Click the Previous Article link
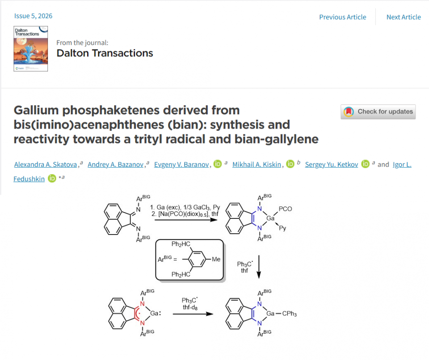coord(342,17)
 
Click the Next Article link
coord(403,17)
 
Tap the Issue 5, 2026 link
coord(33,16)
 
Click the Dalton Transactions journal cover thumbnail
coord(30,49)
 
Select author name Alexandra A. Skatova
coord(46,165)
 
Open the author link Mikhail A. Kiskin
coord(257,165)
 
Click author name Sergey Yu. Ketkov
coord(332,165)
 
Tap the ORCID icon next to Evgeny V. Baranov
coord(218,164)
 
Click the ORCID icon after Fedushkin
coord(52,179)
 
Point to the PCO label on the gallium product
coord(286,208)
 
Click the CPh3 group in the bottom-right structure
coord(289,314)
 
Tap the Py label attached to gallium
coord(282,228)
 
